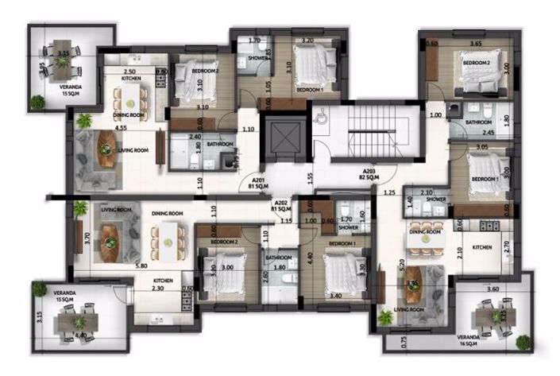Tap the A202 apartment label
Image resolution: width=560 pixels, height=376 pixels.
281,206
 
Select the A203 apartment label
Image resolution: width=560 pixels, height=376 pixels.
369,175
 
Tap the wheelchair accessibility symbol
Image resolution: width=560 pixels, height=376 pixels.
321,118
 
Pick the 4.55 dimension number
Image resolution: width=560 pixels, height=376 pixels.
121,128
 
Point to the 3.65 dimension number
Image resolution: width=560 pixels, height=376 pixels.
476,44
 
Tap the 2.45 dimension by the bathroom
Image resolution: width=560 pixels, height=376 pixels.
489,132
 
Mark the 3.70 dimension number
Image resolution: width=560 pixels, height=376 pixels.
87,236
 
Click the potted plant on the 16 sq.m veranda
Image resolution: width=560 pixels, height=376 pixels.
523,342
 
